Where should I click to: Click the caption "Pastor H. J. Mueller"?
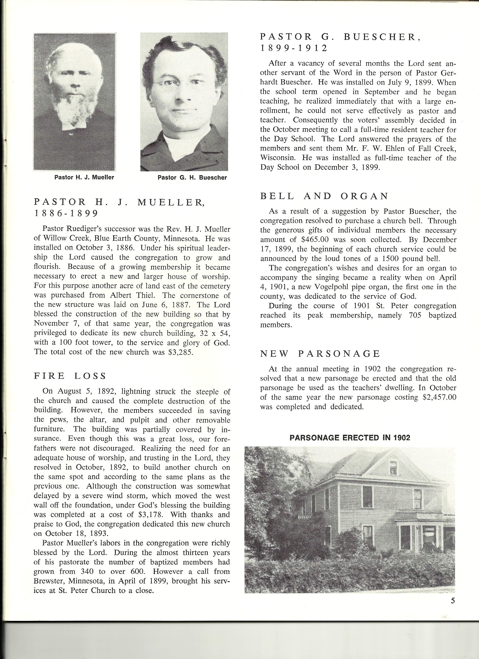tap(84, 177)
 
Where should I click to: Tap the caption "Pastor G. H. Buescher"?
tap(192, 177)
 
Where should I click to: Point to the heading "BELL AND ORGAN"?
tap(324, 196)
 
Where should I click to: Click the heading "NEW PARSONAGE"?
tap(320, 354)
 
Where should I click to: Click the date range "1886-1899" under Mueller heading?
tap(66, 214)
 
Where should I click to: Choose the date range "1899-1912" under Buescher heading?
tap(294, 48)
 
